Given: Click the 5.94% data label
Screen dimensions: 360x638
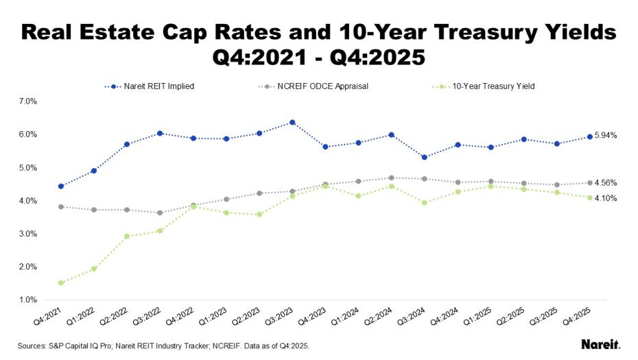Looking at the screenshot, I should click(606, 136).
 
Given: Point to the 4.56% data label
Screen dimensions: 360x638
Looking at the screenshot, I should click(606, 183).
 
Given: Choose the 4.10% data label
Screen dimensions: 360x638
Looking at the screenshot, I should click(606, 198).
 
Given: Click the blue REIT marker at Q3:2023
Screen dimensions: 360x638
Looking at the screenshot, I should click(292, 122).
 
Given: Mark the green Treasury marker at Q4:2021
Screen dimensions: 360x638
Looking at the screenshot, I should click(61, 283).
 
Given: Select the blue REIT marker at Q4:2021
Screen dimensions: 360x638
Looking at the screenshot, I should click(61, 186).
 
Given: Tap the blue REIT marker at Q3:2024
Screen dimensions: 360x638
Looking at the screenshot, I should click(425, 157).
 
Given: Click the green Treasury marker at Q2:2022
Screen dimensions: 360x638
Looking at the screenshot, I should click(127, 236).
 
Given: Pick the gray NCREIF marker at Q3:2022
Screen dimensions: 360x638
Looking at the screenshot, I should click(160, 213).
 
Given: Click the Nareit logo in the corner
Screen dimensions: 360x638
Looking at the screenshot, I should click(601, 344).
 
